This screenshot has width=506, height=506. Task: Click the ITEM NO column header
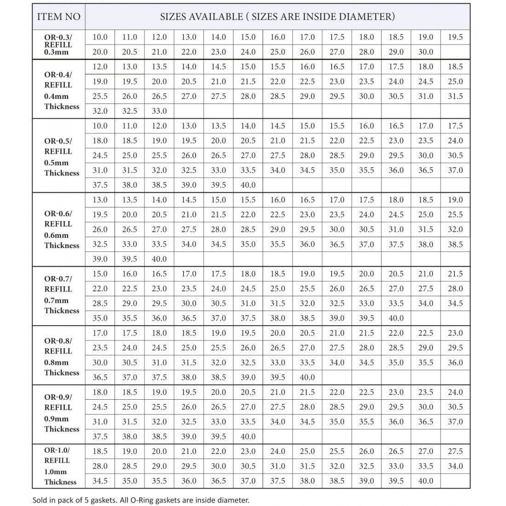coord(58,17)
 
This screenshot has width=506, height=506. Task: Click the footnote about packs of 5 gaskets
coord(141,500)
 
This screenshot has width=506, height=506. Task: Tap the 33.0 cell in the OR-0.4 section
coord(159,111)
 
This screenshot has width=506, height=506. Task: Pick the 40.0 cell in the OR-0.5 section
coord(248,185)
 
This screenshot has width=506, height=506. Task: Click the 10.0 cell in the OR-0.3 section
coord(100,37)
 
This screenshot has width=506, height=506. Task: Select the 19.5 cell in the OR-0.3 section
coord(455,37)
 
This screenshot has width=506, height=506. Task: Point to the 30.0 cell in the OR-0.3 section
coord(425,52)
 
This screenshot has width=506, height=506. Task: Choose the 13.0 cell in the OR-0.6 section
coord(100,200)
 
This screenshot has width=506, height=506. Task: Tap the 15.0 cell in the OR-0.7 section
coord(100,274)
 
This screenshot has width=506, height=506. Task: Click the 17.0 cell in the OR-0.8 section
coord(100,333)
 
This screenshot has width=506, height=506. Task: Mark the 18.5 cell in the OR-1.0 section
coord(100,451)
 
